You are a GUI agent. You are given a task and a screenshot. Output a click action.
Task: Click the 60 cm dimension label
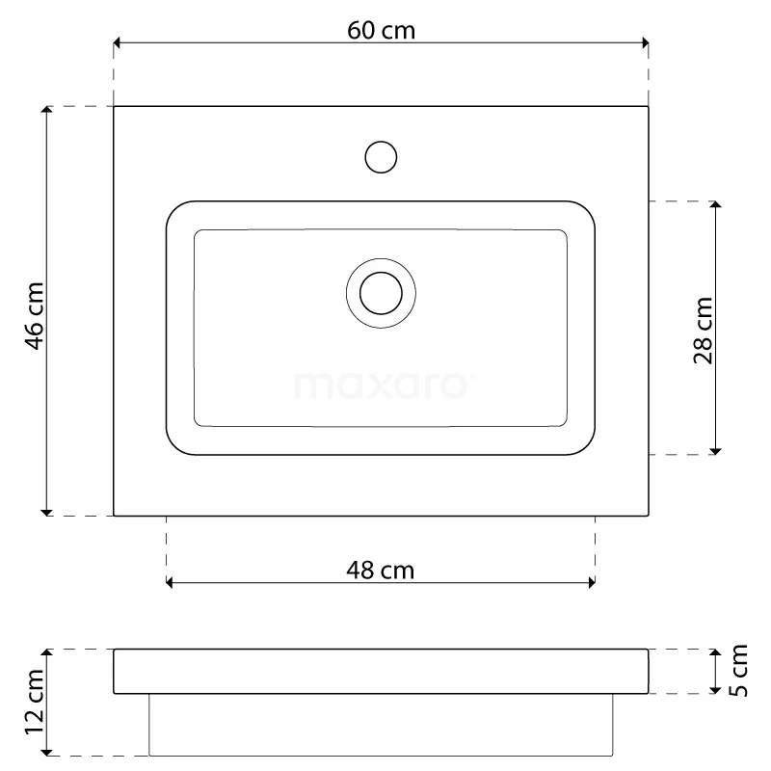pos(381,30)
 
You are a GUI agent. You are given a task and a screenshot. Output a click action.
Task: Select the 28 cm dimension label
pos(704,330)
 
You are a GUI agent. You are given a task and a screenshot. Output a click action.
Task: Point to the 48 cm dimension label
pos(380,571)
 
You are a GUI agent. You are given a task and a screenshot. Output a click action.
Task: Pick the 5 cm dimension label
pos(738,671)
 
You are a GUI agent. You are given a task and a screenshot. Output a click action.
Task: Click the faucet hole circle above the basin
pos(382,157)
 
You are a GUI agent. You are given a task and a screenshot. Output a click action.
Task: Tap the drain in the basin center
pos(381,291)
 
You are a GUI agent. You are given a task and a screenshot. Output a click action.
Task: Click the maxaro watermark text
pos(381,385)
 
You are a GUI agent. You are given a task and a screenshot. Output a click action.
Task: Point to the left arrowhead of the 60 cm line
pos(119,42)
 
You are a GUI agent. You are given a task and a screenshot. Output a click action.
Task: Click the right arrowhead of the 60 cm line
pos(643,42)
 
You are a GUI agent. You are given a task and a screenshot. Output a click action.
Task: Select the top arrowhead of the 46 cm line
pos(45,112)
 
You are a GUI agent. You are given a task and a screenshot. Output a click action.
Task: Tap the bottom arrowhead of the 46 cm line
pos(45,510)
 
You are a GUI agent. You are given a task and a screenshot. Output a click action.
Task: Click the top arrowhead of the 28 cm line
pos(715,206)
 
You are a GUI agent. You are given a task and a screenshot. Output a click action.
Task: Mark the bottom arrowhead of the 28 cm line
pos(715,448)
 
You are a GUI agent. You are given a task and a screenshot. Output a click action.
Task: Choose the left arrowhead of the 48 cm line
pos(172,582)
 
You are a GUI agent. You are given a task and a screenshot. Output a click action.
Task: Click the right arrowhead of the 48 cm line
pos(590,582)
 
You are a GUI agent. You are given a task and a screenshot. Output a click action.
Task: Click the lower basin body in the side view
pos(381,724)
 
